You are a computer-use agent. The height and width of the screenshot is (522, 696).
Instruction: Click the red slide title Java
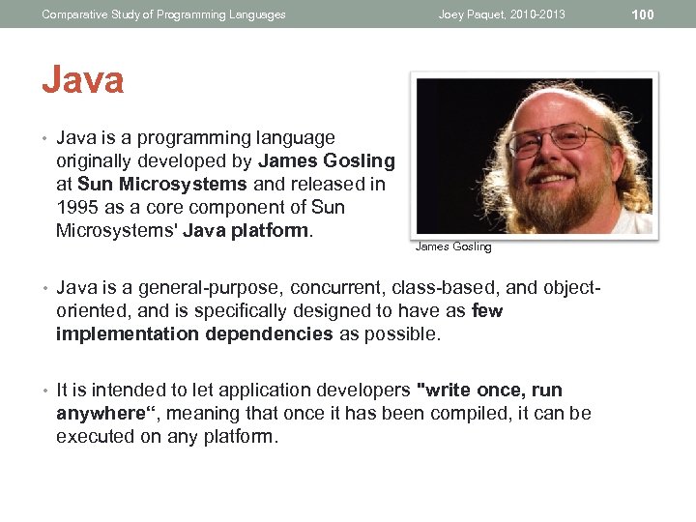pos(82,79)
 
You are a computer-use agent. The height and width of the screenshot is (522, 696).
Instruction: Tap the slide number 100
pos(643,14)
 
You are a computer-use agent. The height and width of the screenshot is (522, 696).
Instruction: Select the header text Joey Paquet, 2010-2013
pos(502,14)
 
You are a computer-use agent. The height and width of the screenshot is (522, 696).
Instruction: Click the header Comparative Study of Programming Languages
pos(163,14)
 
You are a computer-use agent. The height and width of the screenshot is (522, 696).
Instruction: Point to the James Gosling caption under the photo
pos(453,247)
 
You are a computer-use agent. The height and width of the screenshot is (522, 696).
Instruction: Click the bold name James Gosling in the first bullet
pos(327,160)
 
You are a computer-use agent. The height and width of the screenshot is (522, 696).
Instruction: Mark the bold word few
pos(487,311)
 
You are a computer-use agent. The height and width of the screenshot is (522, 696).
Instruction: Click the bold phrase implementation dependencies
pos(194,334)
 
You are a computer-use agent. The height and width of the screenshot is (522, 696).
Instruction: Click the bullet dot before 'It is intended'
pos(44,391)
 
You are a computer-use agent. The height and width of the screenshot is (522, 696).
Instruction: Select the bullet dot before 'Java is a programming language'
pos(44,138)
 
